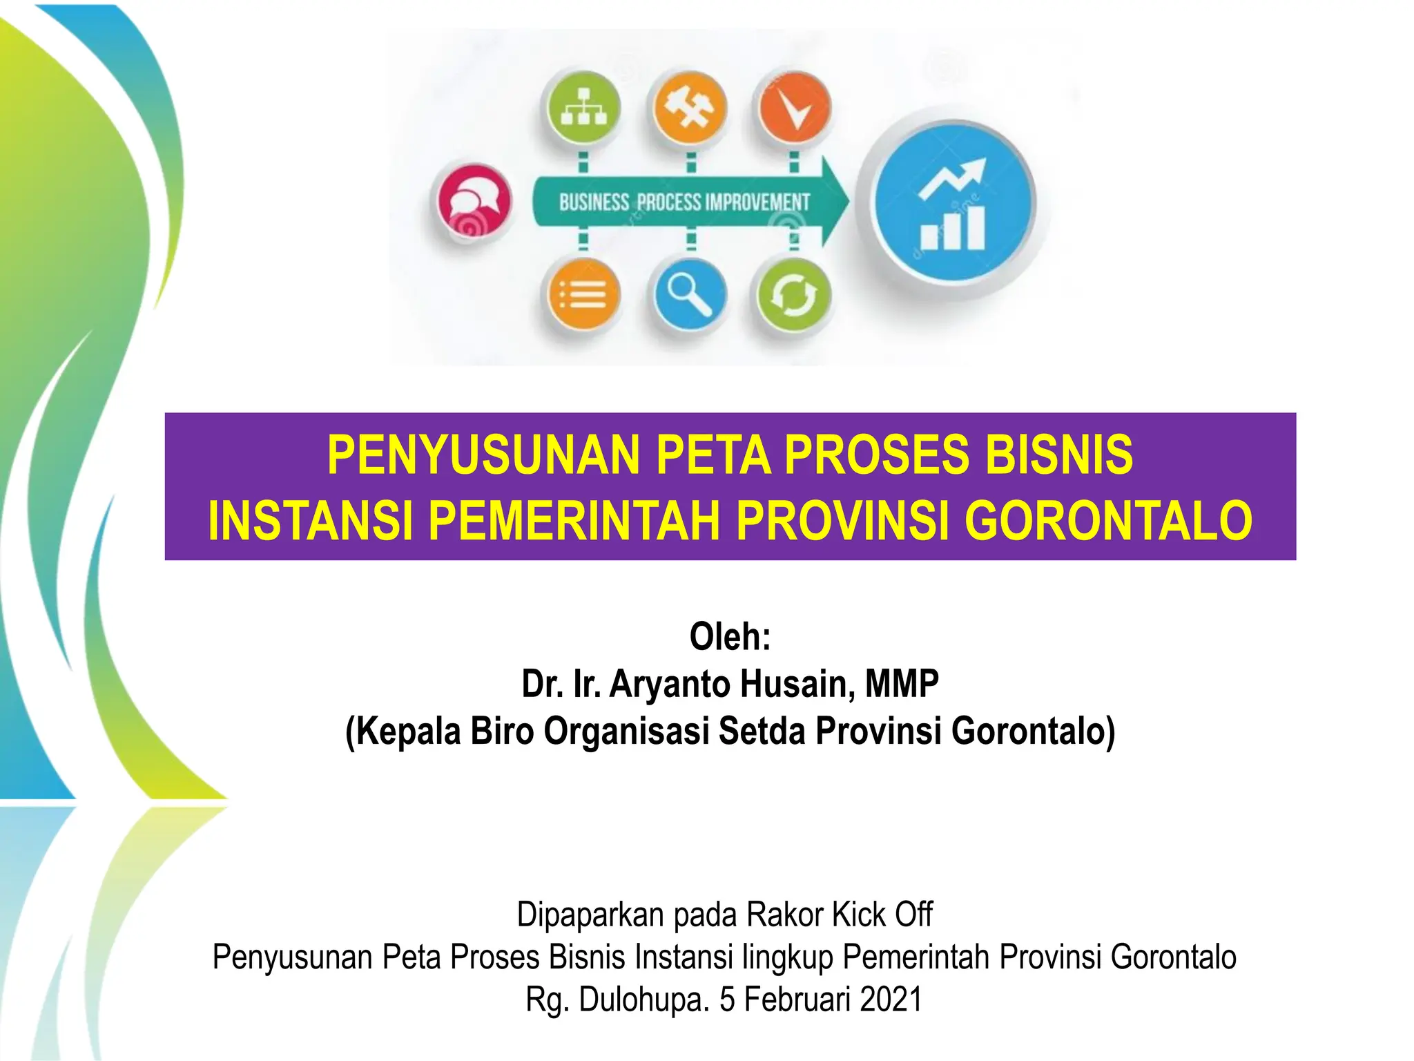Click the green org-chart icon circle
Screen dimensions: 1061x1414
point(583,108)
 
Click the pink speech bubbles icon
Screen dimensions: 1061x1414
point(473,201)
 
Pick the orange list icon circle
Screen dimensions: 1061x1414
point(584,295)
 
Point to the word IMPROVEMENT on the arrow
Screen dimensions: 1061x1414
point(757,202)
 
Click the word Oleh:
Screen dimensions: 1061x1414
point(730,636)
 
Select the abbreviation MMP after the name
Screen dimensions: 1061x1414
point(902,684)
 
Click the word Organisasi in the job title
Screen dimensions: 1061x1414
point(626,731)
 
